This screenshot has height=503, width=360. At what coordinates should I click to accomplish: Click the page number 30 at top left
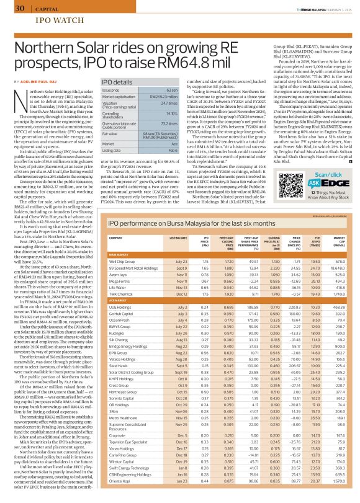[19, 8]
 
